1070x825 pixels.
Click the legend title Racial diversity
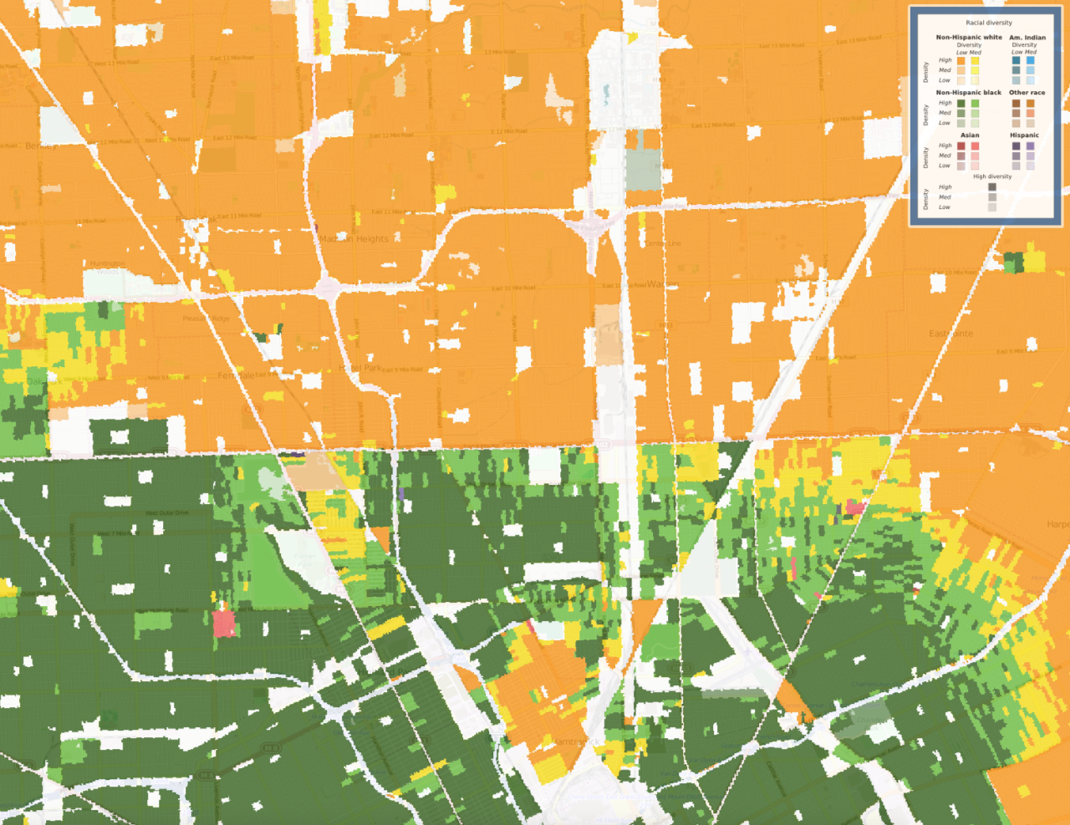(989, 23)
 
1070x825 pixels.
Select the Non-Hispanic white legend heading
(969, 38)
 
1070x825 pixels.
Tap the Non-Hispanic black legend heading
(969, 93)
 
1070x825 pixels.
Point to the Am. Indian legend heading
(1027, 38)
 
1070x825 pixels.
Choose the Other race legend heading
(1027, 93)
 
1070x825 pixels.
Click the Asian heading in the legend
(970, 135)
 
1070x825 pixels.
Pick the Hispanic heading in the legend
(1024, 135)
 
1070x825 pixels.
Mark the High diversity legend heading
(992, 176)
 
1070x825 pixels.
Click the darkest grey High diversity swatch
(992, 187)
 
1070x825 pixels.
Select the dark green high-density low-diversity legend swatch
(961, 104)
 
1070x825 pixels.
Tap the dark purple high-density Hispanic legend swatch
(1016, 146)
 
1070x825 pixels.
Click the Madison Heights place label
(354, 239)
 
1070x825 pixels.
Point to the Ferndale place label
(237, 376)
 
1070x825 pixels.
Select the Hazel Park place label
(361, 368)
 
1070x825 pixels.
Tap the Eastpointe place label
(951, 334)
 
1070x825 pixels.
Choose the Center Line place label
(663, 243)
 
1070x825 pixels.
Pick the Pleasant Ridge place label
(206, 318)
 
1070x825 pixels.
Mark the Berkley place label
(42, 145)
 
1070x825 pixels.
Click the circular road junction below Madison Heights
(328, 288)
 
